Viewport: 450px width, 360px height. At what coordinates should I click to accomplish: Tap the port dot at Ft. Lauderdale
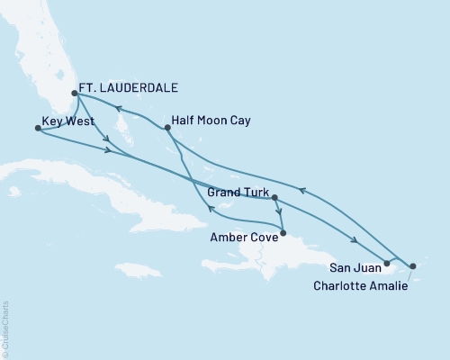(75, 93)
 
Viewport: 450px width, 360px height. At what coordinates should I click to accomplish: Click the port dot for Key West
(37, 129)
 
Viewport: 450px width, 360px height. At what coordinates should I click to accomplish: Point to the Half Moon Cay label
(213, 120)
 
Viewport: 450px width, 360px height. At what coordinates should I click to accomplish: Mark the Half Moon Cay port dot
(168, 129)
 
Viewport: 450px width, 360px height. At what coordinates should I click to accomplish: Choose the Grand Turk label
(238, 192)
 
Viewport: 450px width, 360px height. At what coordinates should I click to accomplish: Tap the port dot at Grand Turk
(274, 197)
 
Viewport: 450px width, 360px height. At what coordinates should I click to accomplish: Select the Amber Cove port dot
(283, 233)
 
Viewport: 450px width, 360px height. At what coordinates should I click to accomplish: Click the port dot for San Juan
(386, 264)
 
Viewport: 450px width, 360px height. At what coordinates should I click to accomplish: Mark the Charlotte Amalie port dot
(412, 266)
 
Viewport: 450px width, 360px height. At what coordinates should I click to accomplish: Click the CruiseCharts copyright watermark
(5, 328)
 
